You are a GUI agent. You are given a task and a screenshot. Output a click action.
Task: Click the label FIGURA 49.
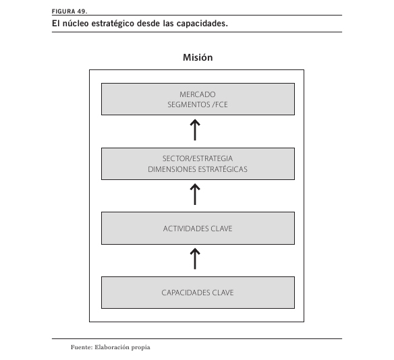click(69, 11)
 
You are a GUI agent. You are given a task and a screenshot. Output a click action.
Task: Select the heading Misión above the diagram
click(198, 57)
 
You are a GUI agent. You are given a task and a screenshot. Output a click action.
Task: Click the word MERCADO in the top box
click(198, 94)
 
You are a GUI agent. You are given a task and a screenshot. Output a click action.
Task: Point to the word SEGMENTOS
click(189, 104)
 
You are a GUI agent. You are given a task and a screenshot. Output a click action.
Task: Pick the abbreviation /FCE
click(220, 104)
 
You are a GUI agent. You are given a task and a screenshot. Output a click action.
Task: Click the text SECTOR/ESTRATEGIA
click(198, 158)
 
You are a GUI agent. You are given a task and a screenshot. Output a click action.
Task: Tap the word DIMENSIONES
click(171, 169)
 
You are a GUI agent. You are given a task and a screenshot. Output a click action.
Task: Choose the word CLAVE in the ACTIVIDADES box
click(221, 229)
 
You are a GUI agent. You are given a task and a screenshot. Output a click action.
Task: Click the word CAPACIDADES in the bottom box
click(186, 293)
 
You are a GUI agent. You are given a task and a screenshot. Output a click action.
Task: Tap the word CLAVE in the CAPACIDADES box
click(223, 293)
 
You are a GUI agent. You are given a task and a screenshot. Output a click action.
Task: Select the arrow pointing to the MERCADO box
click(195, 130)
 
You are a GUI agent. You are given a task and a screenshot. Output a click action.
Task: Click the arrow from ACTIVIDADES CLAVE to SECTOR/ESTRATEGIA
click(195, 194)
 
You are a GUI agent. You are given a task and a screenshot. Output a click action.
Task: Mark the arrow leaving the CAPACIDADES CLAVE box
click(195, 259)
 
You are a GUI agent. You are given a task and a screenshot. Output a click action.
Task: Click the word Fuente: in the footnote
click(82, 347)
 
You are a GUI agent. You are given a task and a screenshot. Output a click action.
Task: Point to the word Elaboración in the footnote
click(111, 347)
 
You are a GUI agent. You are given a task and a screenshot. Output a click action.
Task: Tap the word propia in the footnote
click(141, 348)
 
